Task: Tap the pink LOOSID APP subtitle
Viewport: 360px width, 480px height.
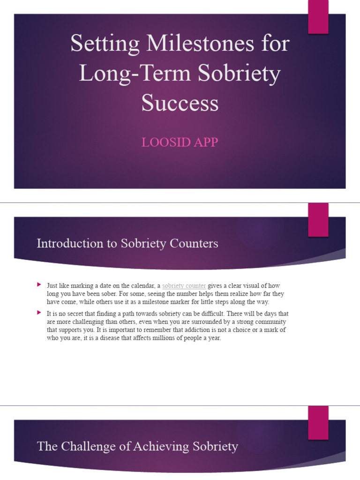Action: (180, 142)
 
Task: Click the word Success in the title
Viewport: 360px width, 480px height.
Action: (180, 103)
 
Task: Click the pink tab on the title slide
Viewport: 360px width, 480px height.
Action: (318, 17)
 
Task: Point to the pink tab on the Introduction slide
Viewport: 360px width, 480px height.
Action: (318, 220)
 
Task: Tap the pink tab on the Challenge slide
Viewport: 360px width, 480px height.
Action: (318, 422)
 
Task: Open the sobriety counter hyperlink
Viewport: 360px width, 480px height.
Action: (184, 285)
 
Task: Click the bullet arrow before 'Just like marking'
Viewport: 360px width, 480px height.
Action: (39, 285)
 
